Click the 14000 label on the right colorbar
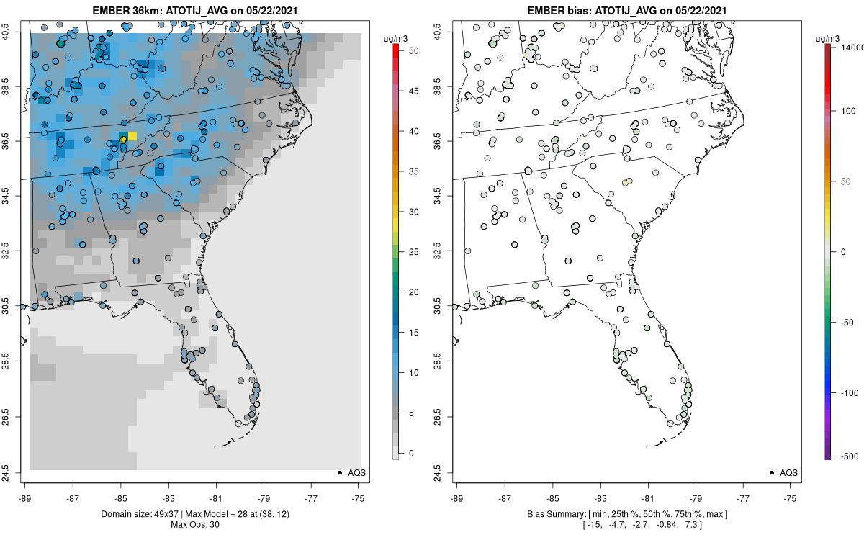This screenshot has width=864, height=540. (x=850, y=47)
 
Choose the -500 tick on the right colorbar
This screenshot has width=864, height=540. (x=847, y=456)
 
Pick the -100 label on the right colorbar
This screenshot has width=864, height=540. (x=847, y=392)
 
